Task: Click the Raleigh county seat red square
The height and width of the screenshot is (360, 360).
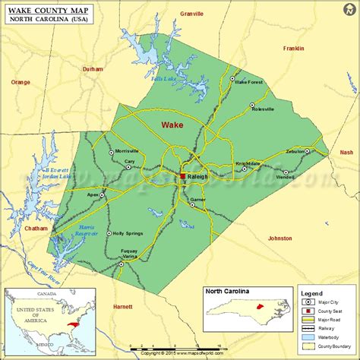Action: pos(182,176)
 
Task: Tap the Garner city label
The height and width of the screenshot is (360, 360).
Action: pos(198,200)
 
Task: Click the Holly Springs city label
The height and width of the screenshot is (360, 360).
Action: pos(128,233)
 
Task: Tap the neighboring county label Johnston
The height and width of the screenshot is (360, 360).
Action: pos(279,238)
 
